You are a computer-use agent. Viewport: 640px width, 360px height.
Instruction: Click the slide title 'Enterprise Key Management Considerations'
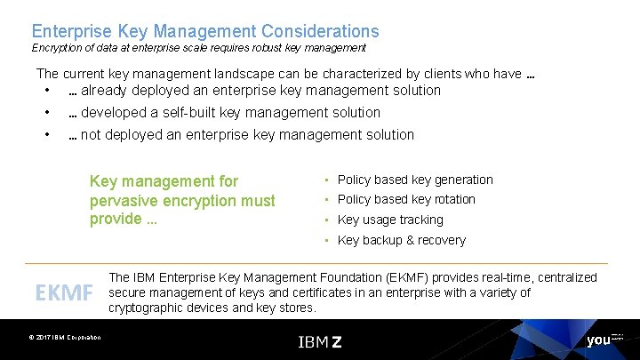pos(204,32)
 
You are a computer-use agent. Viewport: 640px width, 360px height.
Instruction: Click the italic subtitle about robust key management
pos(198,48)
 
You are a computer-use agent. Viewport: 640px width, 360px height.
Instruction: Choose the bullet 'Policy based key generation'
pos(414,180)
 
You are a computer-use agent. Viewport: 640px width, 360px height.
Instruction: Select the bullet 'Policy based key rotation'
pos(406,199)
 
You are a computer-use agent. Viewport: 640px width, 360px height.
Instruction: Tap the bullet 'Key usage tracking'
pos(390,220)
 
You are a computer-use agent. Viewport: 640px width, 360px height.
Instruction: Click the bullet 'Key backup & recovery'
pos(401,240)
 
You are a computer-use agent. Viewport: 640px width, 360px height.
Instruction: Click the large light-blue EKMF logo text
pos(63,292)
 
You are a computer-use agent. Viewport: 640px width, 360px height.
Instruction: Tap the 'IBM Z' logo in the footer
pos(320,340)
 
